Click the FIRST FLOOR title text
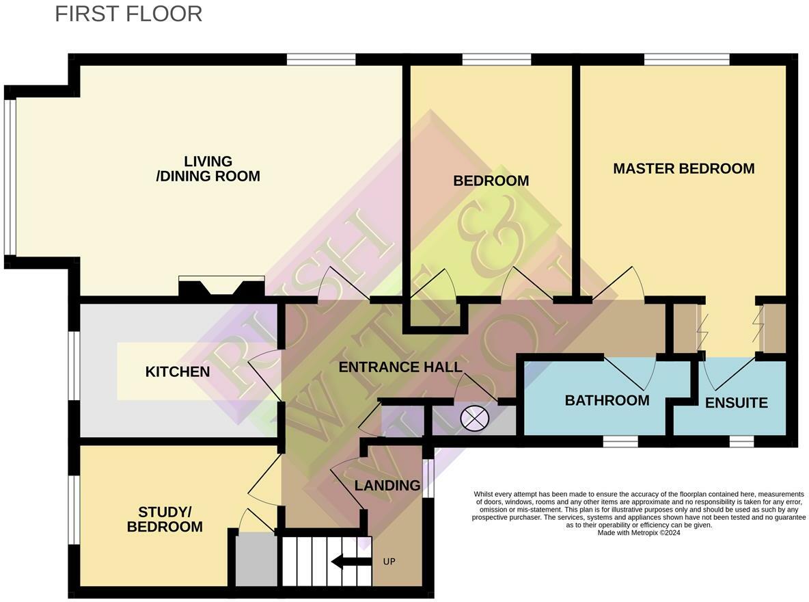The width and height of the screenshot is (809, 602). (128, 14)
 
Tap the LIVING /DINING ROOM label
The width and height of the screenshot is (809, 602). (208, 168)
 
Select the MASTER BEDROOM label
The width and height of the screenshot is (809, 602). (683, 168)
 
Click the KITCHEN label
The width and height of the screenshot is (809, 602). (178, 372)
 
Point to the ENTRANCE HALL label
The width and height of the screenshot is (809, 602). (400, 367)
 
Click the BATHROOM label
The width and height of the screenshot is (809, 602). (607, 401)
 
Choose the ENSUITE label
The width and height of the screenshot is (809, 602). (736, 403)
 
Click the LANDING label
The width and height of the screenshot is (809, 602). (387, 486)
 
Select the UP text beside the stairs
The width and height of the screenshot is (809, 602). (389, 562)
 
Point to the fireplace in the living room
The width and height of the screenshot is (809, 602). (221, 287)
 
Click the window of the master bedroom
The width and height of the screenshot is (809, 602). (687, 60)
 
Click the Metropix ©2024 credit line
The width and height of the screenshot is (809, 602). (638, 533)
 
